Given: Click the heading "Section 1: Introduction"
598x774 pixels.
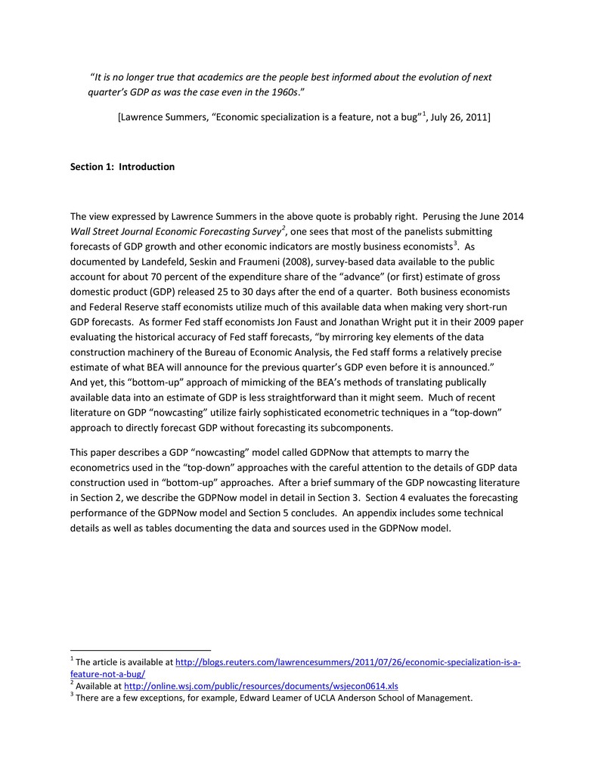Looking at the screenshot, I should pyautogui.click(x=122, y=167).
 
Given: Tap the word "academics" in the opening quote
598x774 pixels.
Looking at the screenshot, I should pyautogui.click(x=221, y=77).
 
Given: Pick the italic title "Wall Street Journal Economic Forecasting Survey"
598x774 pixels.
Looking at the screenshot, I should pyautogui.click(x=175, y=231).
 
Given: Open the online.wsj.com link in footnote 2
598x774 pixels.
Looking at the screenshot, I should pyautogui.click(x=260, y=686).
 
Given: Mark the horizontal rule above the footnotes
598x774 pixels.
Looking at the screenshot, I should pyautogui.click(x=140, y=649).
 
